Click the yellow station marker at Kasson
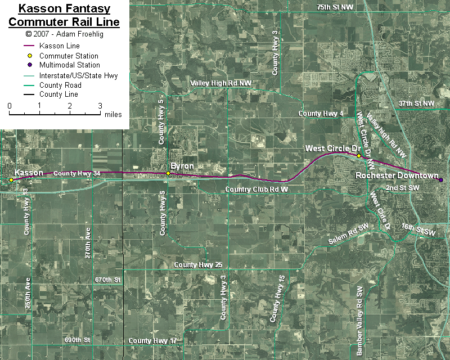[11, 180]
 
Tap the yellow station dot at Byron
[168, 173]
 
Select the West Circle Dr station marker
[359, 156]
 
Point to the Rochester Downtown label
[397, 176]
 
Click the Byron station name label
[182, 166]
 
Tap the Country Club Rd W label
[256, 190]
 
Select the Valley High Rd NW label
[220, 83]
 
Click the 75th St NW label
[335, 7]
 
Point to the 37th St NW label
[416, 103]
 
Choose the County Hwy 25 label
[199, 265]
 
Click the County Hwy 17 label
[152, 341]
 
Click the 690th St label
[77, 340]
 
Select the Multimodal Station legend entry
[69, 65]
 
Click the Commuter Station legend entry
[69, 56]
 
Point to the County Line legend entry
[58, 94]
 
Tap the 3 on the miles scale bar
[100, 106]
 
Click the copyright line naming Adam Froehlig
[64, 34]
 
